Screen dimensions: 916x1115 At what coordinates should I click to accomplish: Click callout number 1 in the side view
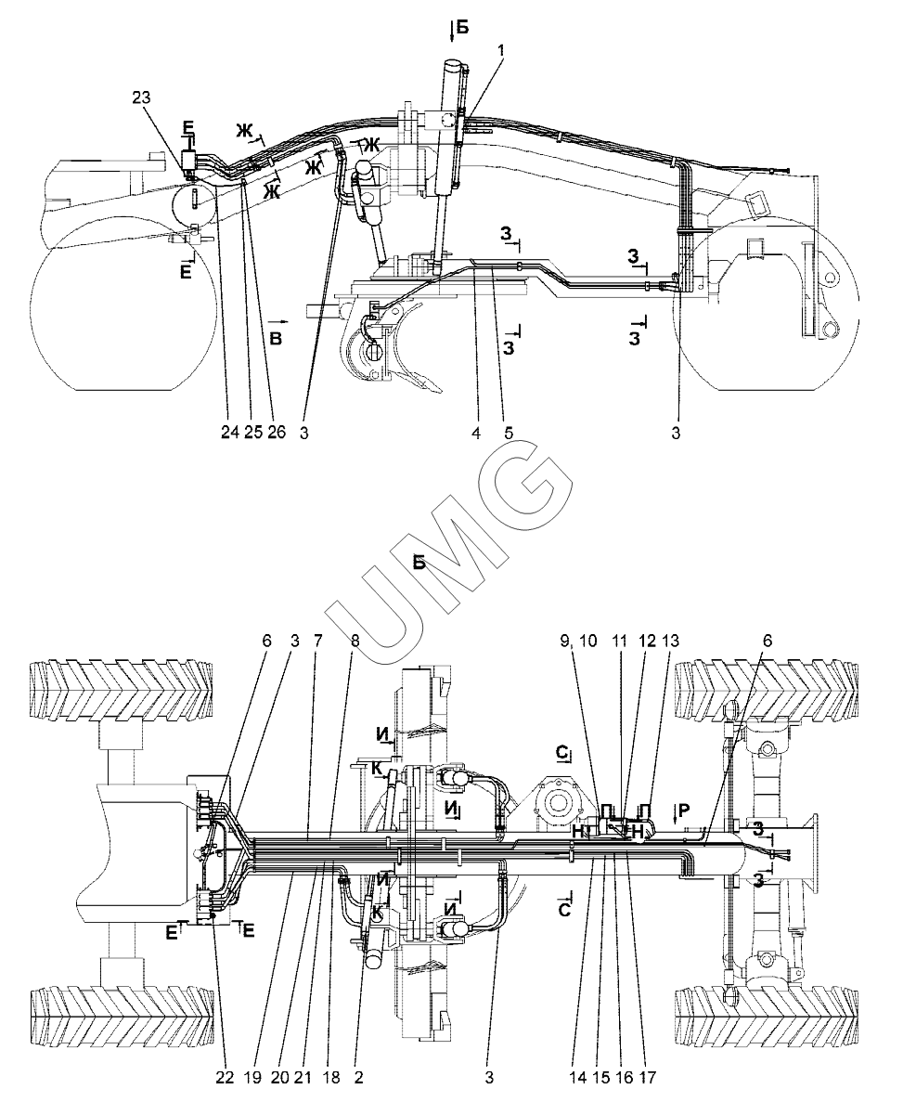click(x=500, y=51)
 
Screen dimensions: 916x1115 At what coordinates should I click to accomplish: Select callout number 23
click(x=141, y=97)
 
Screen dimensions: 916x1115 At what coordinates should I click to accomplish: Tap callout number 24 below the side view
click(x=230, y=432)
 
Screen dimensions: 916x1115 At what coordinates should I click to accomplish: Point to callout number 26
click(x=277, y=432)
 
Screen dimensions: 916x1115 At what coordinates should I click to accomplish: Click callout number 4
click(x=476, y=433)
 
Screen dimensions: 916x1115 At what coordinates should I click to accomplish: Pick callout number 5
click(x=509, y=433)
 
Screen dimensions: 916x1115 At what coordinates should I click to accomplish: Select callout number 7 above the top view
click(x=317, y=642)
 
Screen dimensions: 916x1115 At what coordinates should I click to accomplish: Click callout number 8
click(x=355, y=642)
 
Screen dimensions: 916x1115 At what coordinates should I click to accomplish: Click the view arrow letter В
click(x=276, y=338)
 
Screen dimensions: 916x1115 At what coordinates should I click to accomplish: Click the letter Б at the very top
click(x=462, y=27)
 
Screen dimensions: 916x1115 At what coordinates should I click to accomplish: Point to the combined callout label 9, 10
click(x=579, y=642)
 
